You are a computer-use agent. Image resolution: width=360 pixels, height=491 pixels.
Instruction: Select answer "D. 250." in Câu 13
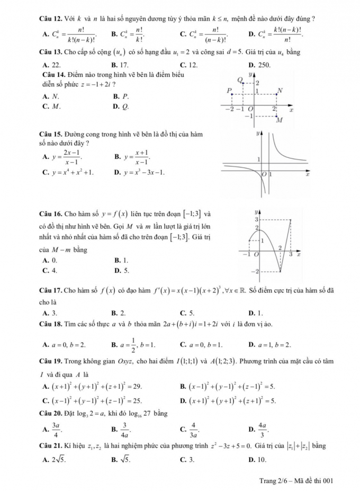point(258,65)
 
